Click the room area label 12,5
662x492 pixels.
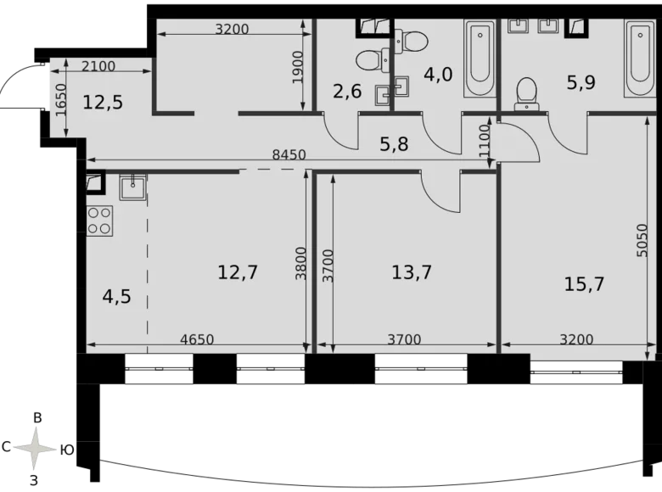point(103,103)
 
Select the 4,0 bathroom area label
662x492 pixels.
point(438,74)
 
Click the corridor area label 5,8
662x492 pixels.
point(394,144)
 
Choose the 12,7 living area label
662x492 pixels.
point(238,272)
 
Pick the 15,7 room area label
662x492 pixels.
point(584,283)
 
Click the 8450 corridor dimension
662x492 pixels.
point(289,154)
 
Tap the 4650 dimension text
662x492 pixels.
point(197,339)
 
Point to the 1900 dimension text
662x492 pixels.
point(296,66)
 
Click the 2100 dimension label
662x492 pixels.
point(99,66)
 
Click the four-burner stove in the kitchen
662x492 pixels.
point(99,221)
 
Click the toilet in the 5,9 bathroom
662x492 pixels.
point(527,92)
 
